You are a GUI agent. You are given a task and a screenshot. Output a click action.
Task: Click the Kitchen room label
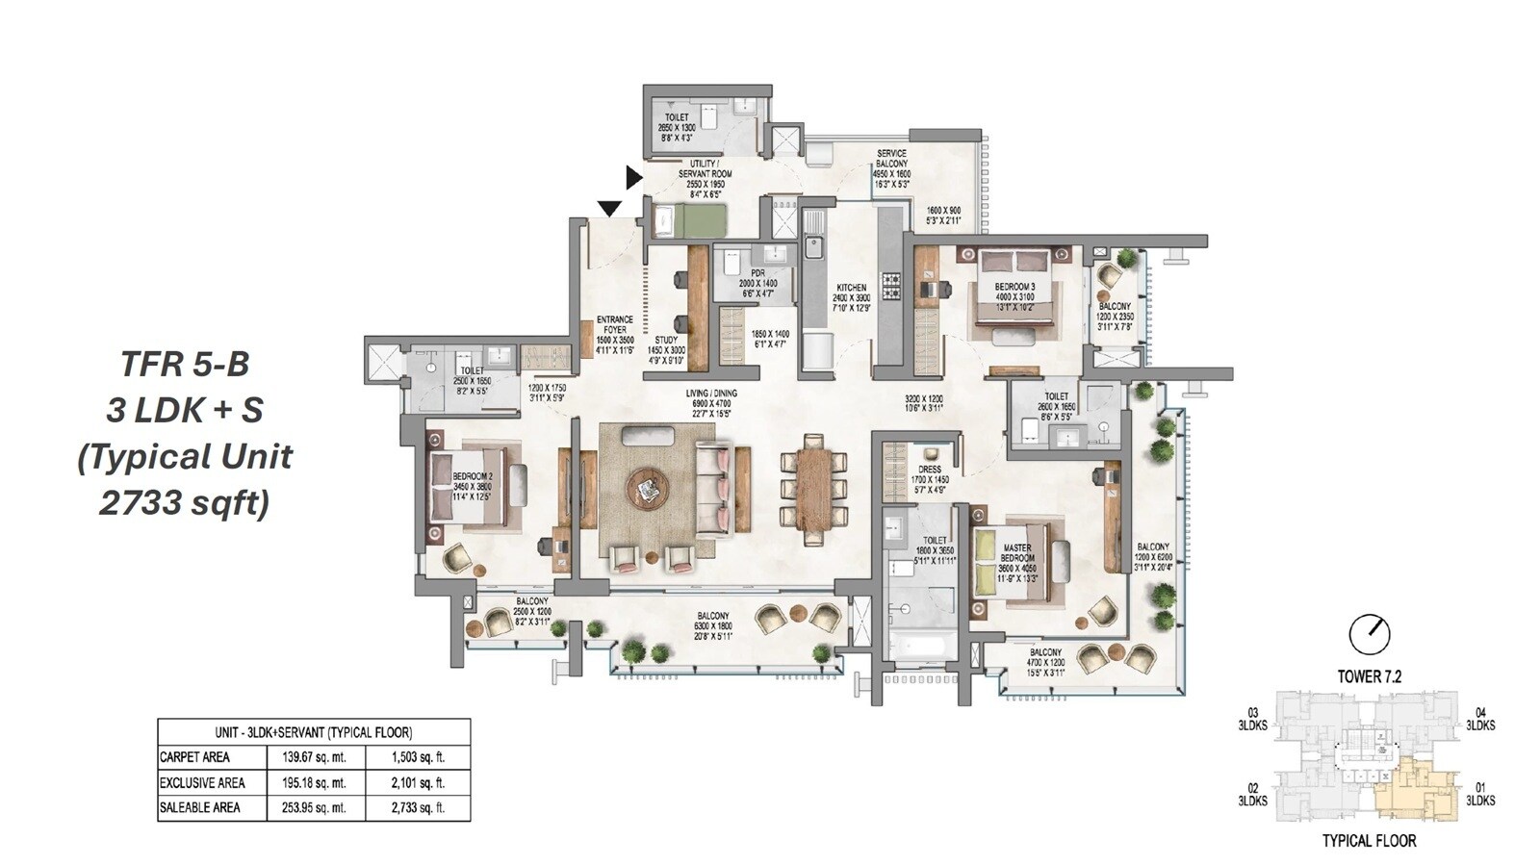(851, 288)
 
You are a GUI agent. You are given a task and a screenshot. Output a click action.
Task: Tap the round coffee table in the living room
(648, 489)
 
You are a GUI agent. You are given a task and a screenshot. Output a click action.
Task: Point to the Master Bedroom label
(1017, 553)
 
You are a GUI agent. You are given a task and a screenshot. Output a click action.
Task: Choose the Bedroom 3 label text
(1014, 288)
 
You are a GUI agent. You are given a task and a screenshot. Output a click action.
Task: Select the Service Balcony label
(891, 159)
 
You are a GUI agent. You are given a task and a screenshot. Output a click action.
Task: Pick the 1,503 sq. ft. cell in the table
(418, 757)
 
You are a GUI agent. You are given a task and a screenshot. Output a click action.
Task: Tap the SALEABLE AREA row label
(199, 807)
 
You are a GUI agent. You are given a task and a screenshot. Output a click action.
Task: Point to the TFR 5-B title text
(185, 364)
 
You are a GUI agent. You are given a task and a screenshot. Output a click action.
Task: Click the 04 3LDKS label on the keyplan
(1479, 719)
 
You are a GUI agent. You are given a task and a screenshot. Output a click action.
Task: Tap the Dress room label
(929, 470)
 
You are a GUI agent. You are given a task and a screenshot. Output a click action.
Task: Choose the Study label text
(665, 340)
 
